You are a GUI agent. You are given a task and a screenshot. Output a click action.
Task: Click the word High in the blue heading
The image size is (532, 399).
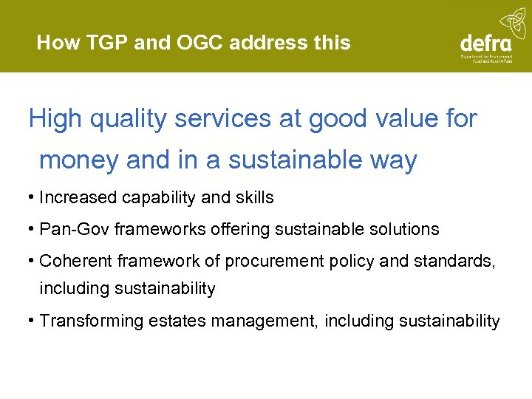coord(54,119)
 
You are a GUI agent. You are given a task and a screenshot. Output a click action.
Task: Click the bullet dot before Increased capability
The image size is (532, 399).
coord(32,198)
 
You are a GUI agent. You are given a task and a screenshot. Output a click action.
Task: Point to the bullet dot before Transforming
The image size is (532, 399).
coord(32,321)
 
